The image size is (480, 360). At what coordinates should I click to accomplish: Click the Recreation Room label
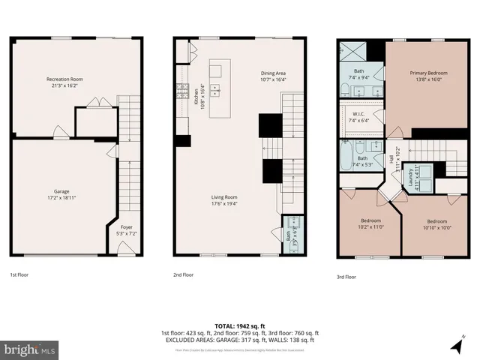[64, 82]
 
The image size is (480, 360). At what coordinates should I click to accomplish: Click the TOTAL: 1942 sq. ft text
[239, 325]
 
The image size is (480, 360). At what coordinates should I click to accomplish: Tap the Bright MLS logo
[29, 349]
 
